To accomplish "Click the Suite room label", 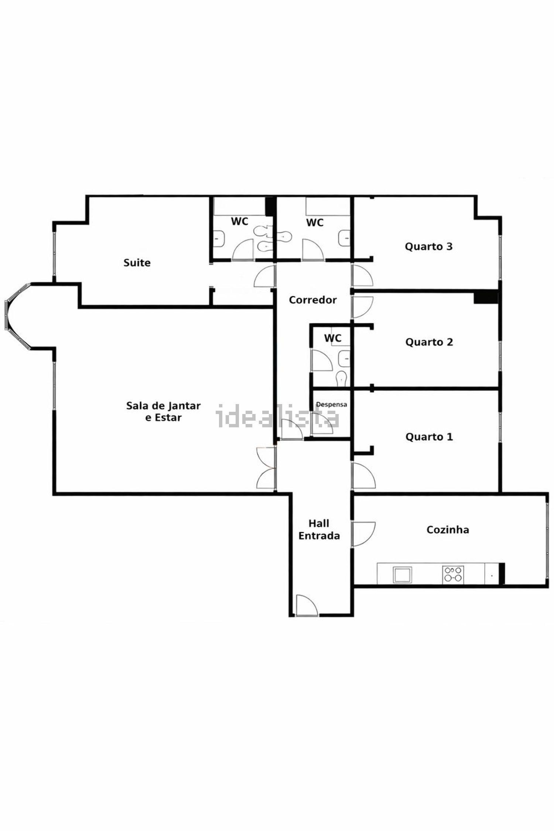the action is click(137, 263).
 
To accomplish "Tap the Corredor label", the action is click(313, 300).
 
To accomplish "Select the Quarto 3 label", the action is click(428, 247).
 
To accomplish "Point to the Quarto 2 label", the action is click(429, 342).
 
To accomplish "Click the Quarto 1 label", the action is click(429, 437).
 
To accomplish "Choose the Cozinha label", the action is click(448, 530).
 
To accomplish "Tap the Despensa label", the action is click(331, 404).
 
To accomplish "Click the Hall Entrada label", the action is click(319, 530).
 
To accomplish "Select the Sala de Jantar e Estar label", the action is click(163, 411).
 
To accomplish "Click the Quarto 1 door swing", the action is click(364, 475).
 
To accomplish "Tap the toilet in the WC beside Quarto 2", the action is click(341, 378).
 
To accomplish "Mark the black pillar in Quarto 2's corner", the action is click(486, 298).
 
